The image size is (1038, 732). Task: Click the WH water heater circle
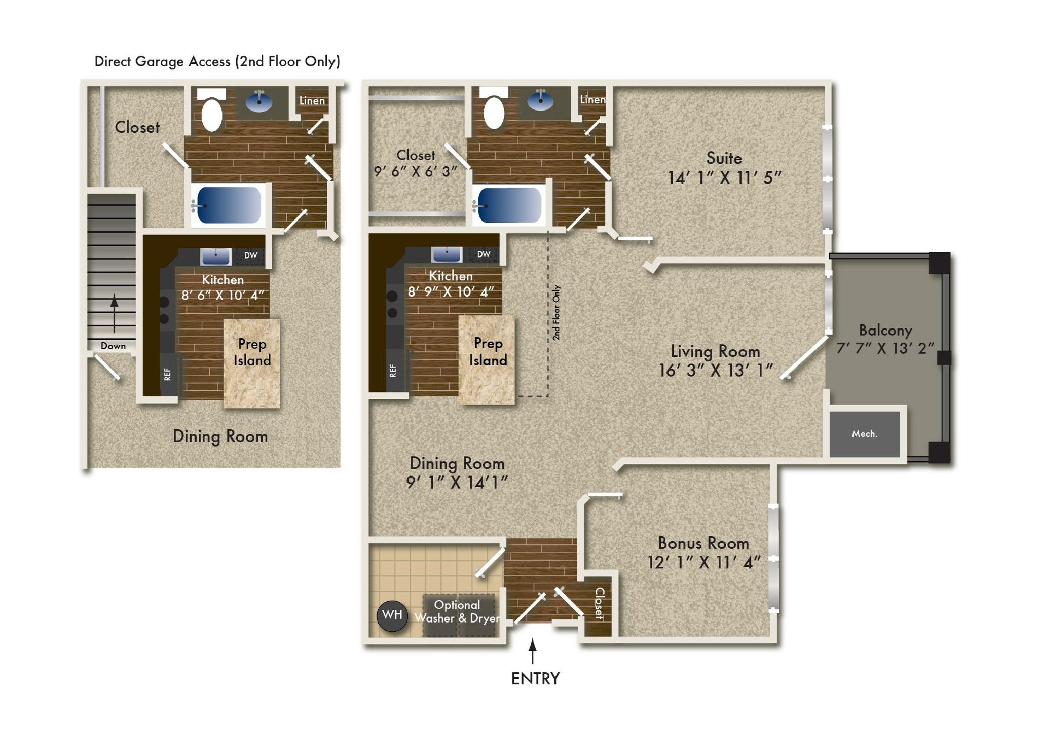pos(392,615)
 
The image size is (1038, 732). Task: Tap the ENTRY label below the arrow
pos(535,679)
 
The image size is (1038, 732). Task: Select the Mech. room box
pos(865,433)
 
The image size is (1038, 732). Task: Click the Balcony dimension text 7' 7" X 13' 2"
pos(885,348)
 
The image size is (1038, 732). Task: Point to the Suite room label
pos(724,158)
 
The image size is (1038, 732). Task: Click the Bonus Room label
pos(703,543)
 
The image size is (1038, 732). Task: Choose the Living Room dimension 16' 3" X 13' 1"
pos(715,371)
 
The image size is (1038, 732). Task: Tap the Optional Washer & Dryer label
pos(457,611)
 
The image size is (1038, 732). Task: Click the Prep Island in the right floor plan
pos(487,360)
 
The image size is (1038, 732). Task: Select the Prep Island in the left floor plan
pos(252,363)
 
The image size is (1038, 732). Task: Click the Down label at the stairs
pos(113,346)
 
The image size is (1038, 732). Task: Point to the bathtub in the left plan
pos(229,205)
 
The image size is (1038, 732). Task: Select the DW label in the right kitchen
pos(484,254)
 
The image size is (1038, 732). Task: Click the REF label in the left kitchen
pos(168,375)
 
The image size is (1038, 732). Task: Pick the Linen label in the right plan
pos(592,100)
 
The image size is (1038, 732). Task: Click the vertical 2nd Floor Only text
pos(556,312)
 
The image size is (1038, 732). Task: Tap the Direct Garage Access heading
pos(217,61)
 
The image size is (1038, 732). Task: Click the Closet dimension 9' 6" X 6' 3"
pos(416,171)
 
